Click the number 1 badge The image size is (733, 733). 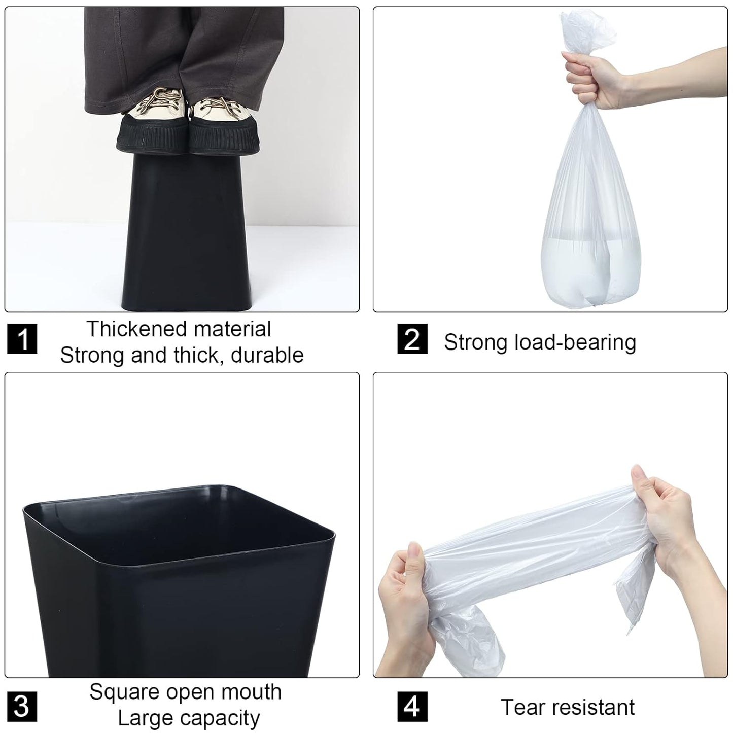tap(22, 339)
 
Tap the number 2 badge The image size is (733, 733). tap(412, 339)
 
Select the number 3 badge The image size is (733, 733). tap(22, 706)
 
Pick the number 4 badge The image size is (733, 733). tap(412, 706)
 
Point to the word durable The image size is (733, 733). tap(267, 355)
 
